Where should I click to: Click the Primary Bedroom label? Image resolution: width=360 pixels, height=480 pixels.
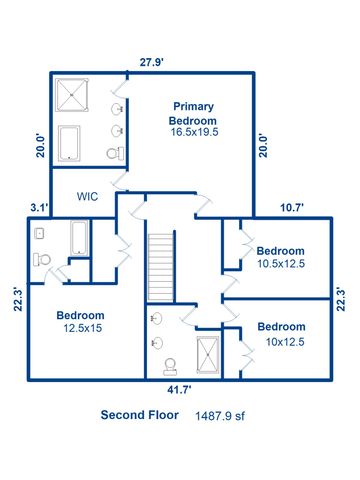[194, 112]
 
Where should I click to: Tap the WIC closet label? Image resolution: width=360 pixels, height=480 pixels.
[86, 183]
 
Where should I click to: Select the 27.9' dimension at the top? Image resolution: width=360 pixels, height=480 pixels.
[151, 63]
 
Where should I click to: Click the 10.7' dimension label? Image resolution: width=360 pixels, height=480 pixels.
[291, 208]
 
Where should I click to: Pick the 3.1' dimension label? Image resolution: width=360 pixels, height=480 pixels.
[39, 208]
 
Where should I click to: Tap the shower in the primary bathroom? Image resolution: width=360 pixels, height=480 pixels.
[73, 95]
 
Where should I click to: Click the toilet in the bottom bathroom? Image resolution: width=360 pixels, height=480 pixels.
[170, 365]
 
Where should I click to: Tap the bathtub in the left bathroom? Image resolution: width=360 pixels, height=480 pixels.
[79, 238]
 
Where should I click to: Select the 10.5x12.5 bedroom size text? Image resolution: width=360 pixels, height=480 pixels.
[280, 264]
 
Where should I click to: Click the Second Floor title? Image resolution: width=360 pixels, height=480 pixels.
[140, 415]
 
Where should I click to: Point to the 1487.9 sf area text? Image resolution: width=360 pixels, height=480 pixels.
[219, 416]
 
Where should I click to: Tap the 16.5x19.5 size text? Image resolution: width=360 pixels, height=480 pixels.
[194, 131]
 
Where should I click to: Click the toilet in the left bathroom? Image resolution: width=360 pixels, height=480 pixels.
[41, 259]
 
